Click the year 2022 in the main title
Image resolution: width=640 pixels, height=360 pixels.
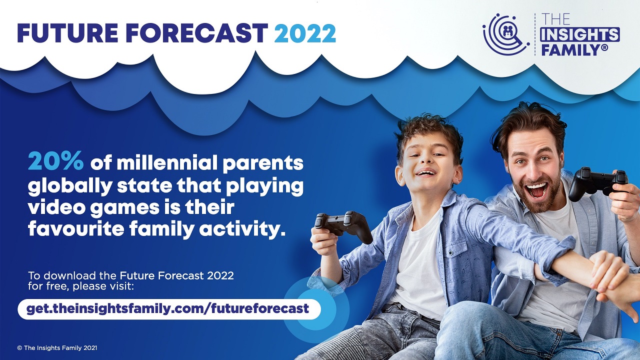point(305,33)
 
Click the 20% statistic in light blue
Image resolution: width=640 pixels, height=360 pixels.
point(56,161)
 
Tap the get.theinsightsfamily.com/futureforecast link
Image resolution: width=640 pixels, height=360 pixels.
point(167,309)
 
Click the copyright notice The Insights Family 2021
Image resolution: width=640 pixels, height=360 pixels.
point(57,348)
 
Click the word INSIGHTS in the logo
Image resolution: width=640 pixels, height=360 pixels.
point(579,35)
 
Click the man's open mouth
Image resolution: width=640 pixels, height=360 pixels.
point(537,189)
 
